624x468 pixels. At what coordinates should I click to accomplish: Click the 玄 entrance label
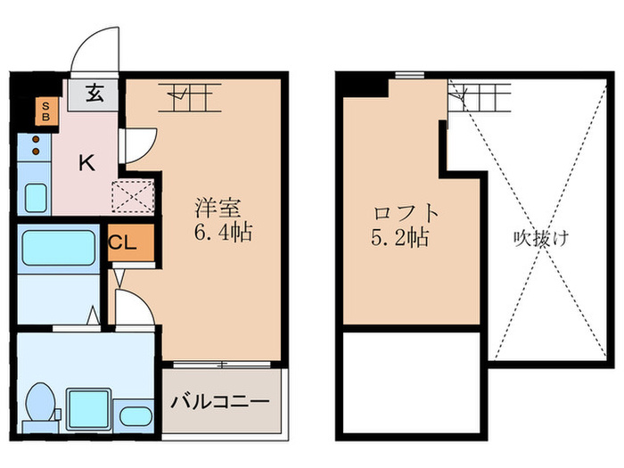pyautogui.click(x=94, y=92)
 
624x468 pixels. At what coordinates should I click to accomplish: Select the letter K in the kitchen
pyautogui.click(x=86, y=162)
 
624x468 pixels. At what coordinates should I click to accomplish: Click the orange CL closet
pyautogui.click(x=123, y=243)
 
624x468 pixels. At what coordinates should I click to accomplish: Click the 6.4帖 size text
pyautogui.click(x=223, y=234)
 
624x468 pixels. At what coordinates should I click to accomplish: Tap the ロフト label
pyautogui.click(x=407, y=215)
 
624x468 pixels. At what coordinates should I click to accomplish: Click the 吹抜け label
pyautogui.click(x=540, y=239)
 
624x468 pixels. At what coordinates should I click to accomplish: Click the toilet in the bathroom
pyautogui.click(x=40, y=404)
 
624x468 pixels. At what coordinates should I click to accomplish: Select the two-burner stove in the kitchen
pyautogui.click(x=36, y=145)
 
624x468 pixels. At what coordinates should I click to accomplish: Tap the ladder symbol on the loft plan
pyautogui.click(x=479, y=95)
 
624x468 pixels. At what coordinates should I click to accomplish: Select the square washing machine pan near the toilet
pyautogui.click(x=89, y=409)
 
